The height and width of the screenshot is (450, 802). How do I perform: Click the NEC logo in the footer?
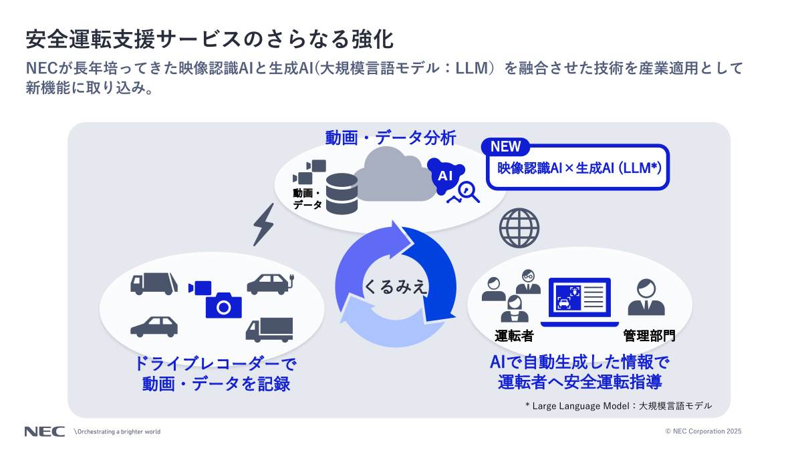44,431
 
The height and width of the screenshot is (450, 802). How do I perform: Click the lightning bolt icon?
263,224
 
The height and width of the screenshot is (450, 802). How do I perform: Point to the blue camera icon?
223,304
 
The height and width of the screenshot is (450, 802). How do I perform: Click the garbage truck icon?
155,284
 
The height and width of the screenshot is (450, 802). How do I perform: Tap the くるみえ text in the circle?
395,287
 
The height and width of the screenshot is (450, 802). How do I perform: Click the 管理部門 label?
648,335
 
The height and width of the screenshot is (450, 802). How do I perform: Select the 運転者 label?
513,335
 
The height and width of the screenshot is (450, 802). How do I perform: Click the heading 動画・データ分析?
390,138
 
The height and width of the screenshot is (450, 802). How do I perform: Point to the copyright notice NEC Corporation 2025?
703,431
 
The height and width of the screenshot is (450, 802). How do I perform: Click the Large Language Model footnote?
618,405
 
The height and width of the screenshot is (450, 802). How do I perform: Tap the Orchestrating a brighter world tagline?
118,431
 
